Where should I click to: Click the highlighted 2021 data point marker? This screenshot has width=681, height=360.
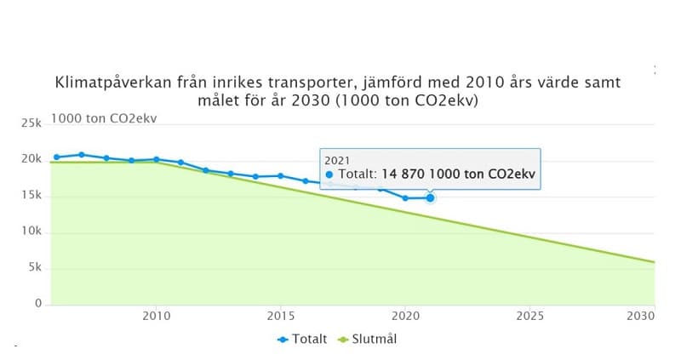(430, 197)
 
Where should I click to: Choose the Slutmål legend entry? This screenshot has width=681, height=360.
(369, 339)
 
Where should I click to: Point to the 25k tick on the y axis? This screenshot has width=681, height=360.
(31, 123)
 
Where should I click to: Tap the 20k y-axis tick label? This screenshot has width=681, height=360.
(31, 159)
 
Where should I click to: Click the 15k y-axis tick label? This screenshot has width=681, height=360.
(31, 196)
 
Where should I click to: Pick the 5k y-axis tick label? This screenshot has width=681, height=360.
(34, 268)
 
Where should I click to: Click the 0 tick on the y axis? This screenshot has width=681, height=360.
(38, 304)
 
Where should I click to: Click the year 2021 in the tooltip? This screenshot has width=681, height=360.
(338, 159)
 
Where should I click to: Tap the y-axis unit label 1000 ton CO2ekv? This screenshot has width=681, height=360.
(104, 118)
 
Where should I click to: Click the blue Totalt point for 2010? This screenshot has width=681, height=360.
(156, 159)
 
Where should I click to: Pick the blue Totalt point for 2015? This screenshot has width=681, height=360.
(280, 175)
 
